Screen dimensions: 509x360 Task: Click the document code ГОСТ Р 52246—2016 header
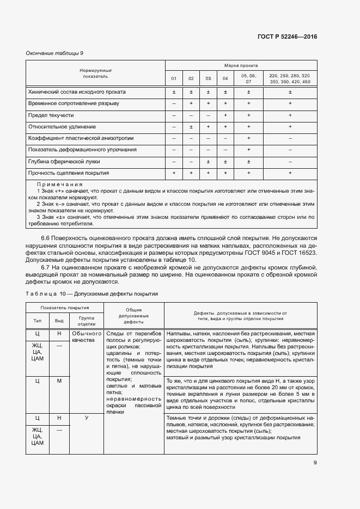pos(287,37)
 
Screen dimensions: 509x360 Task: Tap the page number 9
pos(315,463)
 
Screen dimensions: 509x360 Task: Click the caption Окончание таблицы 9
pos(54,53)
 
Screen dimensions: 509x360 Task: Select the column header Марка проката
pos(241,65)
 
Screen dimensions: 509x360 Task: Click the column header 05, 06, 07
pos(248,78)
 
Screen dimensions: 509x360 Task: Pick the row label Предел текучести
pos(51,115)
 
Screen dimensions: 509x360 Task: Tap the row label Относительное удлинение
pos(59,127)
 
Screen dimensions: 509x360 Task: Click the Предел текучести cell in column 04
pos(225,115)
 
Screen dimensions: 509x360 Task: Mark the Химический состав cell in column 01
pos(174,93)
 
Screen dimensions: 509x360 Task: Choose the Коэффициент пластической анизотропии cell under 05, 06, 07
pos(248,138)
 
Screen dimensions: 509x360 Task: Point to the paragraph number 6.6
pos(46,239)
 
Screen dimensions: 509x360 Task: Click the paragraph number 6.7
pos(46,267)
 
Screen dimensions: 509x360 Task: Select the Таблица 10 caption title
pos(91,294)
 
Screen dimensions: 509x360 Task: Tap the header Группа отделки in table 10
pos(87,320)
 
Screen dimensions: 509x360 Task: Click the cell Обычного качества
pos(87,336)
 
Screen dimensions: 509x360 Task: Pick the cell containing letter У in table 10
pos(87,418)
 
